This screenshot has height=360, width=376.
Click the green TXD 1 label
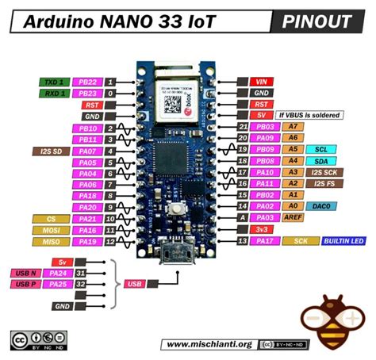(x=52, y=82)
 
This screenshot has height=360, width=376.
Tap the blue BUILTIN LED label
(x=343, y=239)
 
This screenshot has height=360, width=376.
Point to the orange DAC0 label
(x=321, y=205)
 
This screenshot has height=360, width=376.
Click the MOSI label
(x=51, y=229)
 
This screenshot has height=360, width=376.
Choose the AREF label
(x=294, y=216)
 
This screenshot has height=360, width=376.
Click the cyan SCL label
(x=320, y=149)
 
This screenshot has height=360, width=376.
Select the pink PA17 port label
(x=267, y=239)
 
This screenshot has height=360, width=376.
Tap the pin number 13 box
(x=242, y=239)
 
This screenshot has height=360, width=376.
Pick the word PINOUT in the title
(x=315, y=21)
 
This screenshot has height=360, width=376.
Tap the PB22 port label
(x=86, y=82)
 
